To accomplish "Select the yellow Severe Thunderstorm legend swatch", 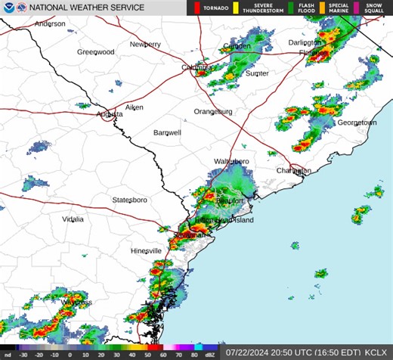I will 236,8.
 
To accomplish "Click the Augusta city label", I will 110,114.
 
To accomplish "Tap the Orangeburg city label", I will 213,111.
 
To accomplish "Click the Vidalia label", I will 73,219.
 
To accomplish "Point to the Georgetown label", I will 356,123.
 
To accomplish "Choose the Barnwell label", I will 167,132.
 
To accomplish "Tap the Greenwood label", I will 95,52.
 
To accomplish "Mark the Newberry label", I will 145,45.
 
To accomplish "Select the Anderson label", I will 50,23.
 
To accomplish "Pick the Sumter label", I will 257,73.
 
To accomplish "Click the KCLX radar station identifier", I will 376,352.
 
